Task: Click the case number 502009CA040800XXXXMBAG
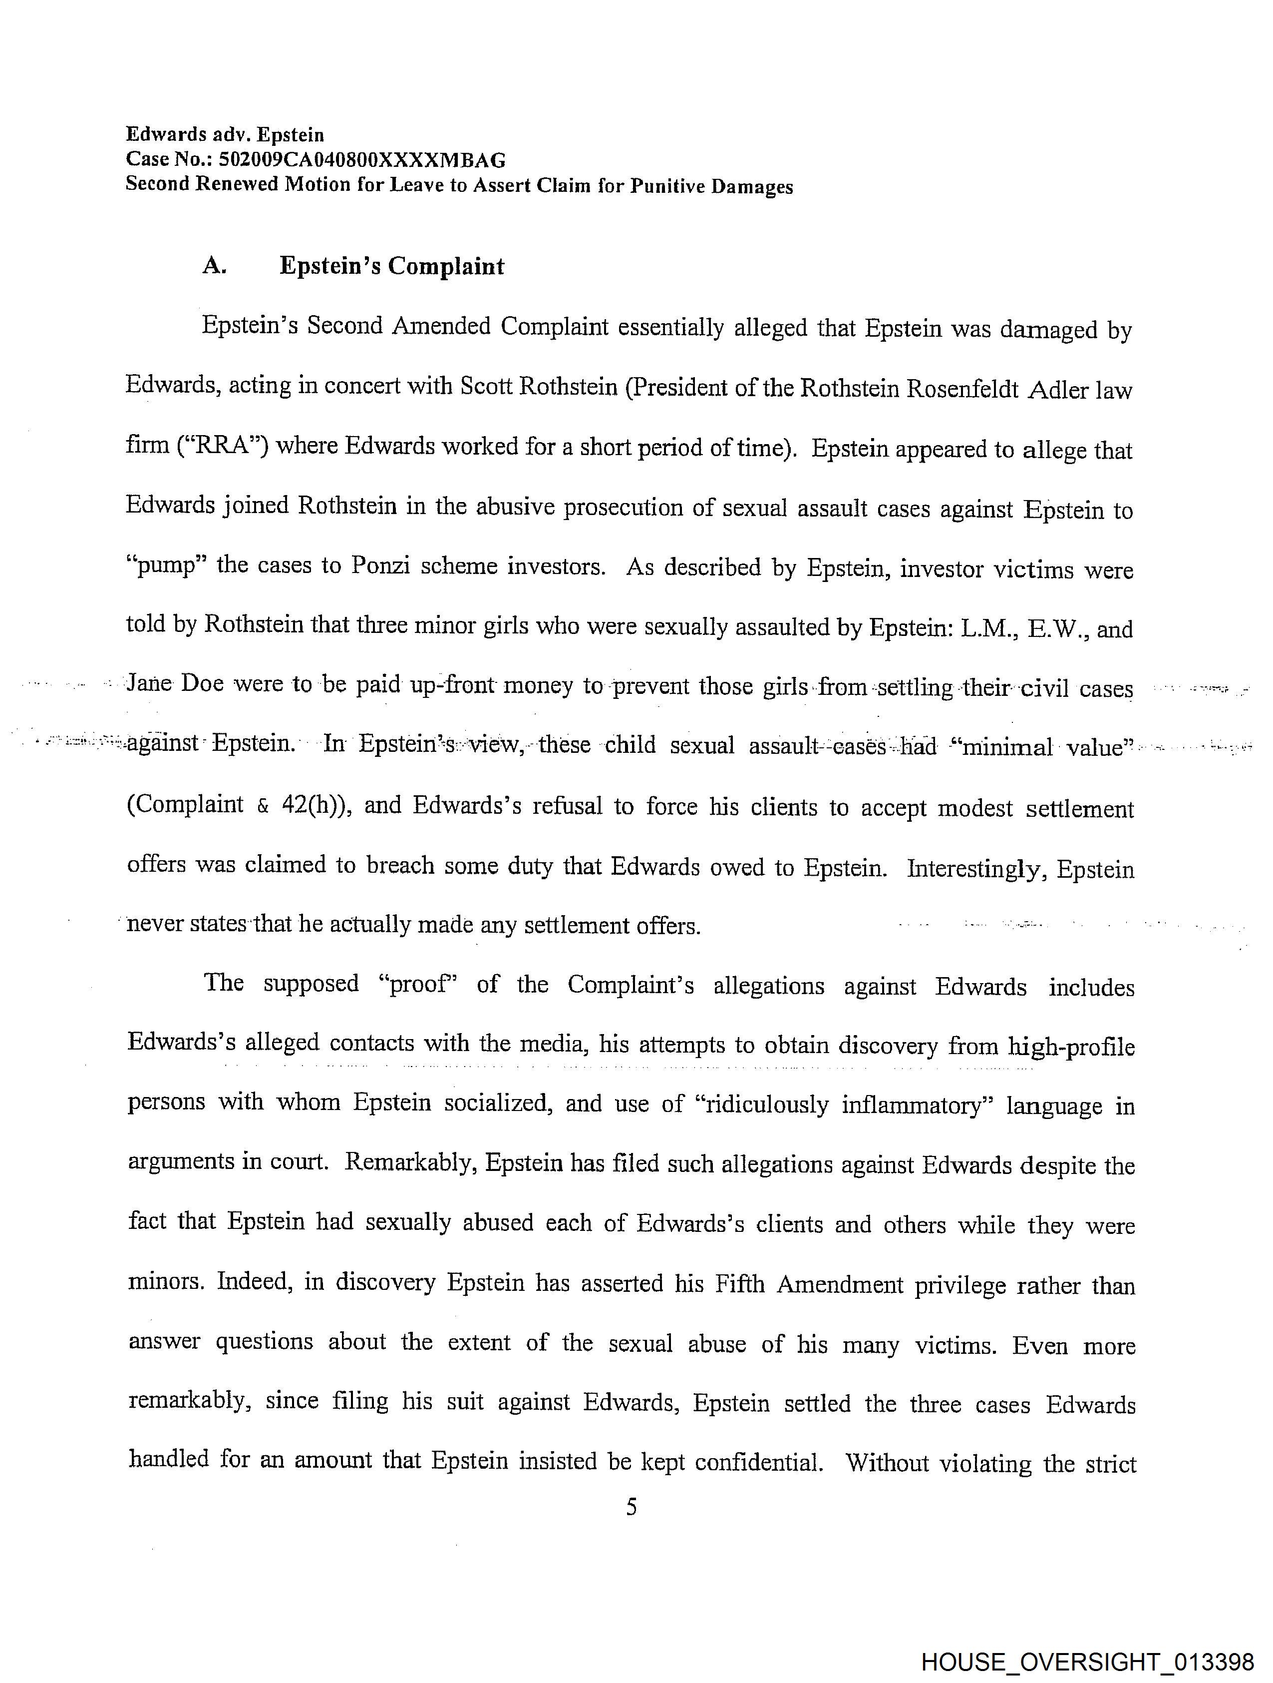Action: click(x=362, y=160)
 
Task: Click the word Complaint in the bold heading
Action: click(x=446, y=266)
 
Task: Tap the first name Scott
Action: click(x=485, y=387)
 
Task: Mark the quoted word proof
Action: click(x=417, y=984)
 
